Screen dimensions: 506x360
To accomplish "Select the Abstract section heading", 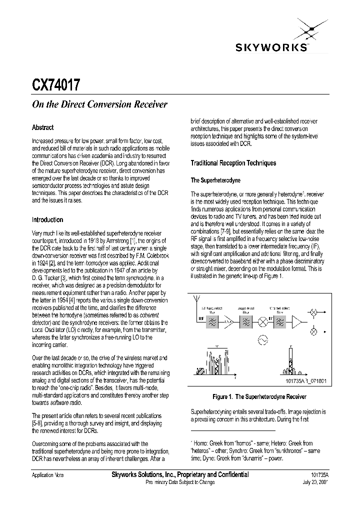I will click(x=42, y=127).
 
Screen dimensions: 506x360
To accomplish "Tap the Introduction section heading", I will click(x=47, y=219).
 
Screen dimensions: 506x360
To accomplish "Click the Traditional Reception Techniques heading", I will click(x=233, y=163).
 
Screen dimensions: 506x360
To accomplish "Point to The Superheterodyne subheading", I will click(x=215, y=180).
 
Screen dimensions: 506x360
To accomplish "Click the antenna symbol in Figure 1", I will click(x=195, y=301).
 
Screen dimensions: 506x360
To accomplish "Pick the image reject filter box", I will click(x=247, y=322).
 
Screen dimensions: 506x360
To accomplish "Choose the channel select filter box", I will click(x=280, y=322).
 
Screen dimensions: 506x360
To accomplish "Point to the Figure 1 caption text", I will click(x=259, y=396).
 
